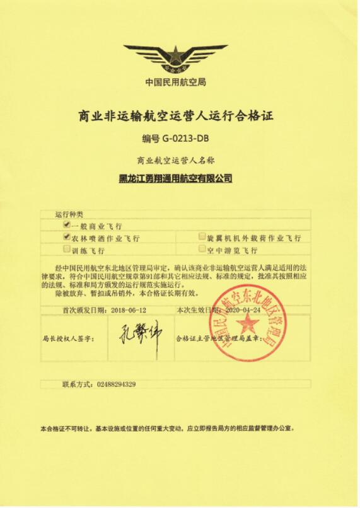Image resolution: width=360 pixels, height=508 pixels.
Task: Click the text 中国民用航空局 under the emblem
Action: pyautogui.click(x=176, y=82)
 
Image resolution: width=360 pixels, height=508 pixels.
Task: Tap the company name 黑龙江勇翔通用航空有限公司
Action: pyautogui.click(x=176, y=178)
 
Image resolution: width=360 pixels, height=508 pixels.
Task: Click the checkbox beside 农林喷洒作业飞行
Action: pyautogui.click(x=66, y=237)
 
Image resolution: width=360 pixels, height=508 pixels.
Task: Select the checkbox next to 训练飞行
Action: pyautogui.click(x=66, y=249)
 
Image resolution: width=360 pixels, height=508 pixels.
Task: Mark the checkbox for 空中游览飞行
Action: pyautogui.click(x=202, y=249)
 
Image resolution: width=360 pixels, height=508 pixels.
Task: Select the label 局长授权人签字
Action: pyautogui.click(x=69, y=338)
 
